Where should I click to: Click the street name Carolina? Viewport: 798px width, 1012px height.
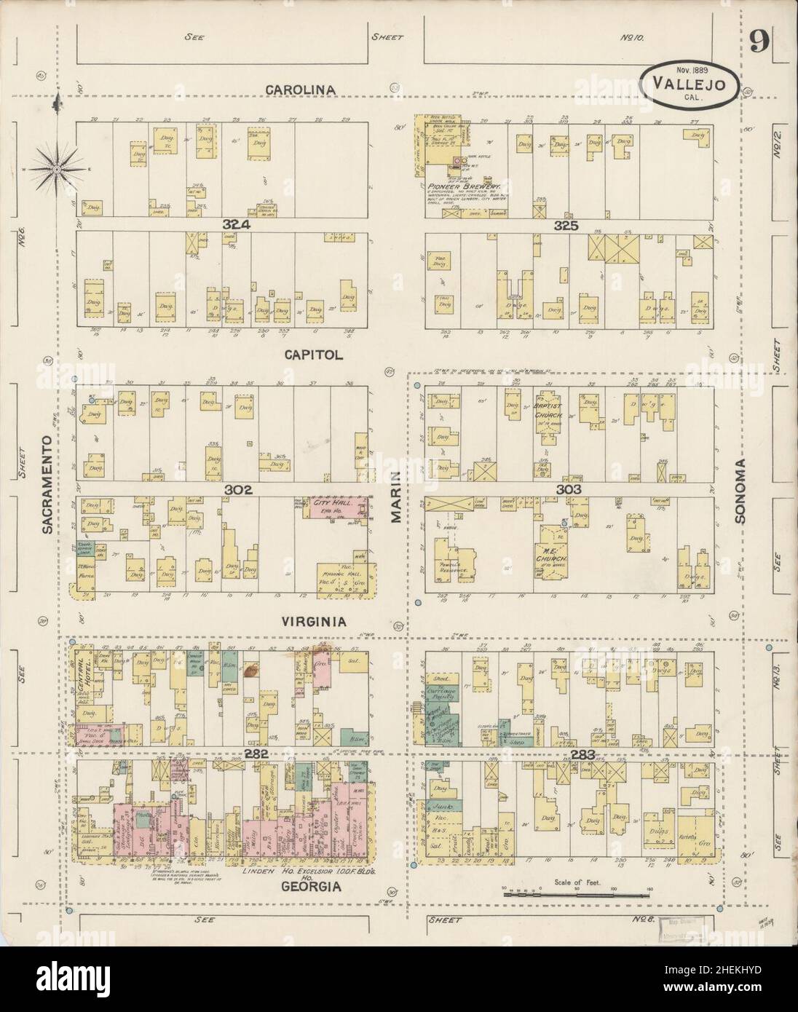[300, 90]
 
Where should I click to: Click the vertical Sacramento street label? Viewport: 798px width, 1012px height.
[47, 486]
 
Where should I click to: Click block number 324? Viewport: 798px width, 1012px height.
[237, 226]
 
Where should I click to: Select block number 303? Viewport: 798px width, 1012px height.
[567, 490]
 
